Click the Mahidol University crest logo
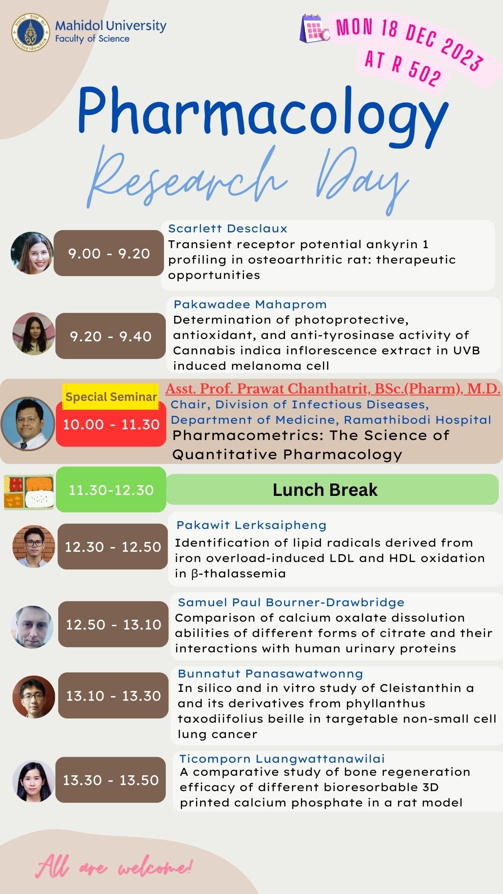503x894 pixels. (31, 32)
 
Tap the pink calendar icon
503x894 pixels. (315, 29)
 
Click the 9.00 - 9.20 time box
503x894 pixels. (109, 253)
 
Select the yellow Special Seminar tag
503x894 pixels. (111, 397)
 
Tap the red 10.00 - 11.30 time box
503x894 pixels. (111, 424)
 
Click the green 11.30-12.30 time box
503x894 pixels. (111, 489)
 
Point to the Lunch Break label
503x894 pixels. (325, 490)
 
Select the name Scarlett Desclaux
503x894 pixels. (228, 229)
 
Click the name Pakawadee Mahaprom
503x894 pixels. (250, 305)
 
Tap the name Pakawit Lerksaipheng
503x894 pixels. (251, 525)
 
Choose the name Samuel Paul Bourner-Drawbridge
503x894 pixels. (291, 602)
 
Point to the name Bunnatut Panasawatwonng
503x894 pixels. (270, 674)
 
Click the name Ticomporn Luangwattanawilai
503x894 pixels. (282, 759)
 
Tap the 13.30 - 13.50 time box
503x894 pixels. (110, 779)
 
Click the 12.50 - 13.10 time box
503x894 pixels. (113, 624)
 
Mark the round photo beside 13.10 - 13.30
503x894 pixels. (34, 697)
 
